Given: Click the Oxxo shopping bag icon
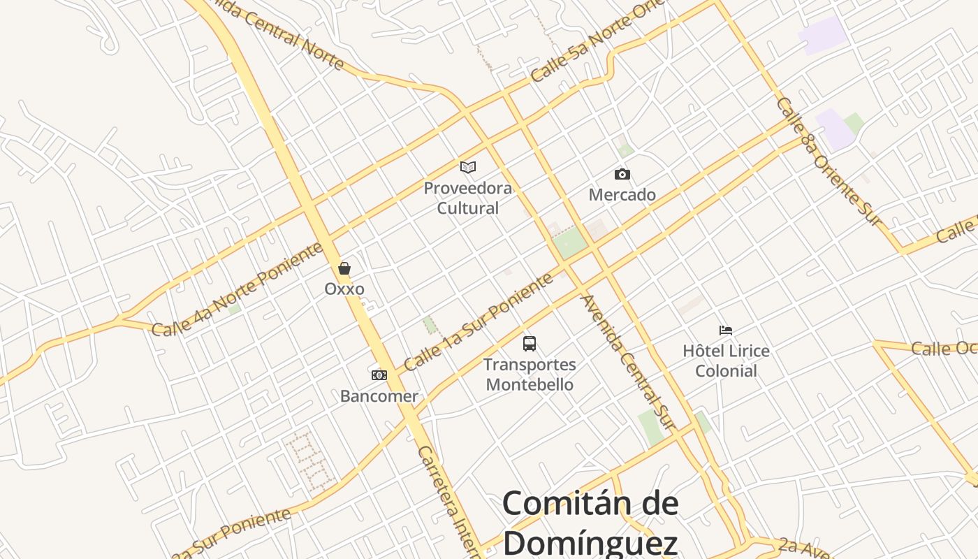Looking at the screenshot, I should [x=344, y=268].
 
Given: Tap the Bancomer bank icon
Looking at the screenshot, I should [x=379, y=375].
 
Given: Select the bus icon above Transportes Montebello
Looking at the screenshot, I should [x=530, y=344].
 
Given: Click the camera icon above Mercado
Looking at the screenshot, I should [x=622, y=174].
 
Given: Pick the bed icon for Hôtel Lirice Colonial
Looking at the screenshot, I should [x=726, y=330].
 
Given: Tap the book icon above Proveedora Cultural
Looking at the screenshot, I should [x=468, y=167].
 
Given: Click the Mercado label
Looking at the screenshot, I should [x=622, y=195].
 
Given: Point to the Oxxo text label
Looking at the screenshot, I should [x=344, y=289].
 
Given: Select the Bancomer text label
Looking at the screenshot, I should [x=379, y=396].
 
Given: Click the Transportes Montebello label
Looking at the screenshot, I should [x=530, y=375].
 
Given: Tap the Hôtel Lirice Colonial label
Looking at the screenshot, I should [x=726, y=361].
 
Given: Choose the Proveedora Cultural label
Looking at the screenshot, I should [x=468, y=198].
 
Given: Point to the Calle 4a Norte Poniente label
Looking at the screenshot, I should [x=238, y=289].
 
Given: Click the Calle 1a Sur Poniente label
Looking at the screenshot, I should [x=479, y=322].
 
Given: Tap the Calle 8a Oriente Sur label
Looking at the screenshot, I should [x=827, y=161].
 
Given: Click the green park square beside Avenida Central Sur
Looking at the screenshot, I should [x=571, y=243].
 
